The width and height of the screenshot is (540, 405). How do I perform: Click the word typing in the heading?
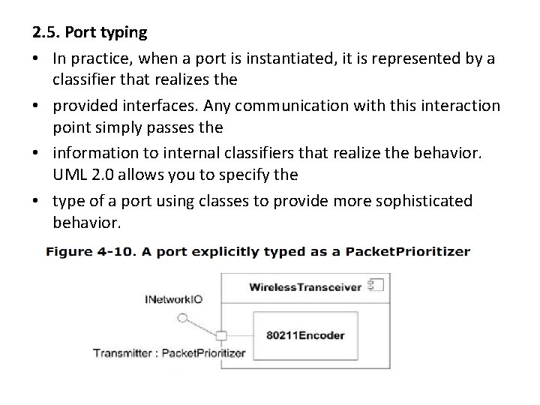coord(122,34)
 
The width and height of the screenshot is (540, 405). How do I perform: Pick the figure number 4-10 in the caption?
coord(127,252)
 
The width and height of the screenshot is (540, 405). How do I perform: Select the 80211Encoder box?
coord(305,334)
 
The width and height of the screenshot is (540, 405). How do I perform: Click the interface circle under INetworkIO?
coord(182,317)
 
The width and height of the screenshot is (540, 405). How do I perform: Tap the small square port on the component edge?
coord(221,335)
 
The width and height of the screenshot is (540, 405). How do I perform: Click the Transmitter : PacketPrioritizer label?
coord(169,352)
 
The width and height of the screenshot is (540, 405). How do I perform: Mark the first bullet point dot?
coord(37,59)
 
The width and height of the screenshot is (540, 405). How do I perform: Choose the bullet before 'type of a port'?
coord(37,201)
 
